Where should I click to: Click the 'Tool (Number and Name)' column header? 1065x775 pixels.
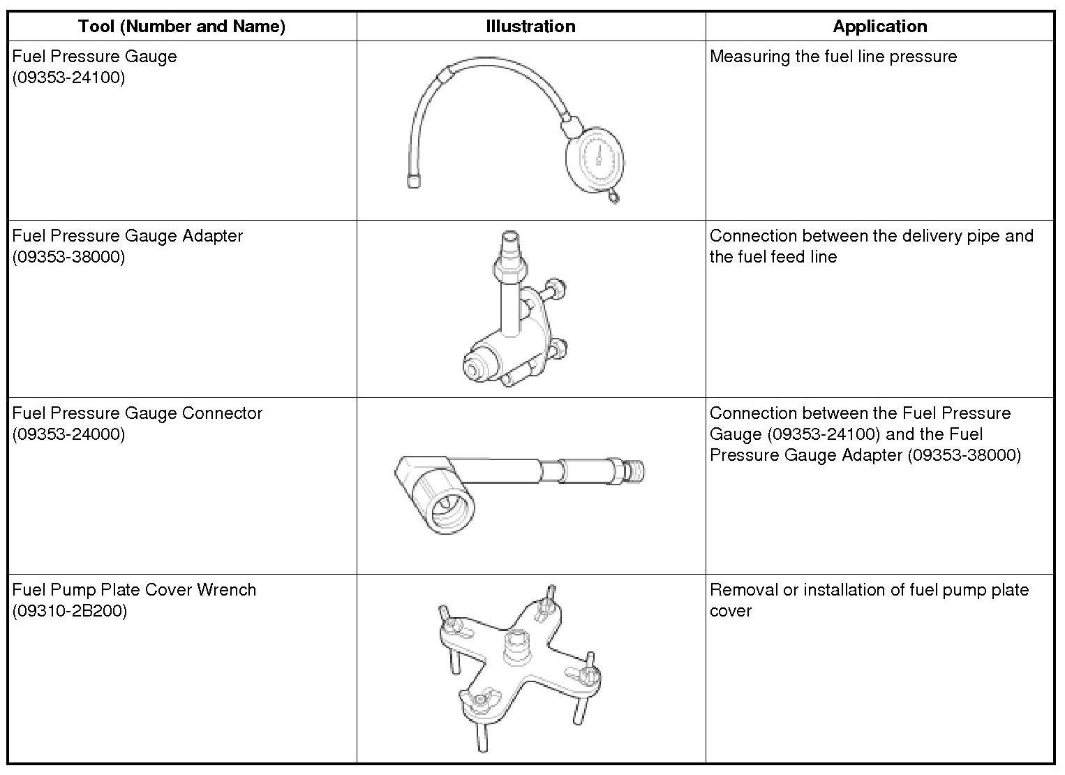click(x=181, y=27)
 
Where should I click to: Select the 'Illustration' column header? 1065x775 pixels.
click(x=530, y=27)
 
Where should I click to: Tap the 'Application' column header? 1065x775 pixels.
click(x=879, y=27)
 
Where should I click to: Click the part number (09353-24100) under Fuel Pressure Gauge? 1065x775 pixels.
click(x=68, y=77)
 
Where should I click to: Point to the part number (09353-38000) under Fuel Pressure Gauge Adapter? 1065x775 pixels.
click(x=68, y=257)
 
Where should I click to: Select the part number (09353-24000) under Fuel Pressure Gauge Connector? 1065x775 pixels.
click(x=68, y=434)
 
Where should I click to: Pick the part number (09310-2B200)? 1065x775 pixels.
click(x=69, y=611)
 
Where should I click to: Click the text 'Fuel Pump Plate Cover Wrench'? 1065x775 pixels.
click(x=134, y=590)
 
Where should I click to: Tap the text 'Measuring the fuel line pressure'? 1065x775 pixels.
click(x=833, y=57)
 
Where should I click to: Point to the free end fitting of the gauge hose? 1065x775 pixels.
click(x=414, y=180)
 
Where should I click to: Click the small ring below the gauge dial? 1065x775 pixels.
click(x=613, y=198)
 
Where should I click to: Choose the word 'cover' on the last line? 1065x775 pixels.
click(x=730, y=611)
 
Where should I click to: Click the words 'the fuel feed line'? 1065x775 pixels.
click(x=773, y=257)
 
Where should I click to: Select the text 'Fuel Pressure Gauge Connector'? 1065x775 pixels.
click(x=137, y=413)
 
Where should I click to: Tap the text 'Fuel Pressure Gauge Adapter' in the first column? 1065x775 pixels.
click(x=127, y=236)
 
